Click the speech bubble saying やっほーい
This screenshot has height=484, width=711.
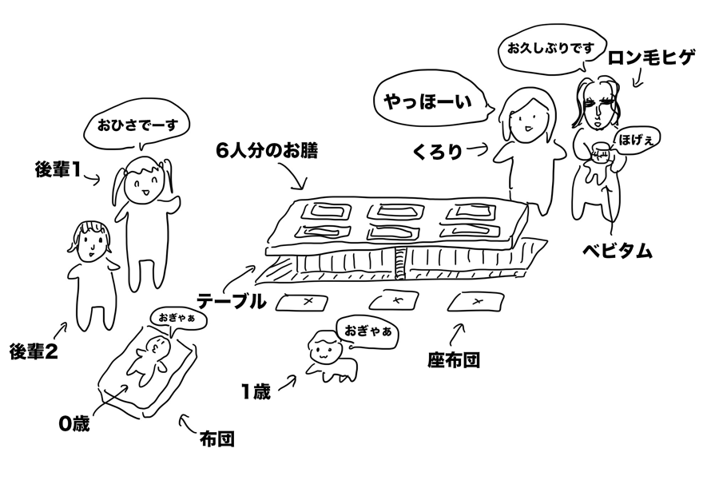click(x=427, y=101)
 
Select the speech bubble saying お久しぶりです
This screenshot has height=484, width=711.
click(x=548, y=48)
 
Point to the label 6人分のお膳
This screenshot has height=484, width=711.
click(x=266, y=151)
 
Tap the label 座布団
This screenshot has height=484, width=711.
click(x=453, y=359)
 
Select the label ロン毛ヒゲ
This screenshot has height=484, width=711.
click(x=652, y=58)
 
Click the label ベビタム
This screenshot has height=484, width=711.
click(x=616, y=251)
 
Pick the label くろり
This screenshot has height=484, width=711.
click(x=439, y=151)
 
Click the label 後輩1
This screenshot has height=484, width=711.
click(x=59, y=170)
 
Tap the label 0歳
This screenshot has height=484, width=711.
click(x=73, y=423)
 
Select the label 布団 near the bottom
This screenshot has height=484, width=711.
click(x=216, y=438)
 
